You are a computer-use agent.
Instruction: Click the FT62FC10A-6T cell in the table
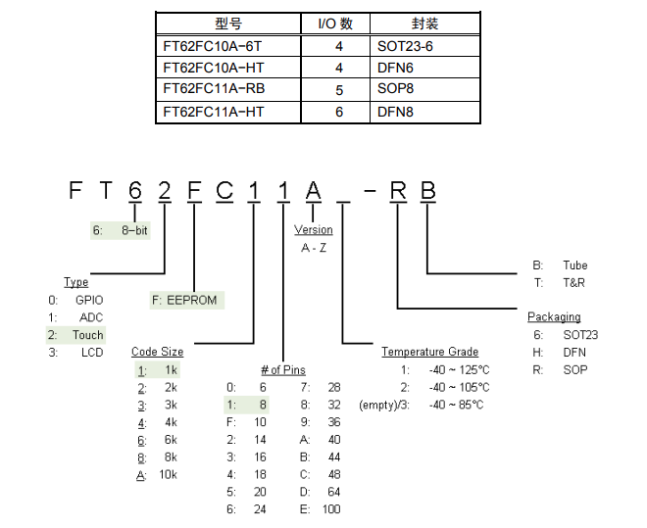tap(214, 46)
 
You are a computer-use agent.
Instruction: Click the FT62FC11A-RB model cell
tap(214, 89)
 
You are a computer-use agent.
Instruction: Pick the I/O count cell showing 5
tap(339, 89)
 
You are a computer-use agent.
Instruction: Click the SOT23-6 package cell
tap(403, 46)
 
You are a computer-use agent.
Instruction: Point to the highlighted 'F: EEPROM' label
tap(187, 299)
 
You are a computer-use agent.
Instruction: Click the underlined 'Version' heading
tap(314, 230)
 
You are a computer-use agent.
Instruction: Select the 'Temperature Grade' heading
tap(429, 352)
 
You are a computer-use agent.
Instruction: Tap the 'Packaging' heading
tap(554, 316)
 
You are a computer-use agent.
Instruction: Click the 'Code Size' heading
tap(157, 352)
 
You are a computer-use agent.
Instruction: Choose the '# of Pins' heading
tap(282, 369)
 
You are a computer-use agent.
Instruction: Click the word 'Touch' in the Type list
tap(88, 335)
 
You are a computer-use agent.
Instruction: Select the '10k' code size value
tap(167, 475)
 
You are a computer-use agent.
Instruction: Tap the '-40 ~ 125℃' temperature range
tap(459, 369)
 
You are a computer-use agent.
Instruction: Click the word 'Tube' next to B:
tap(575, 265)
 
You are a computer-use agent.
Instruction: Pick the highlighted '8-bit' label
tap(135, 230)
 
